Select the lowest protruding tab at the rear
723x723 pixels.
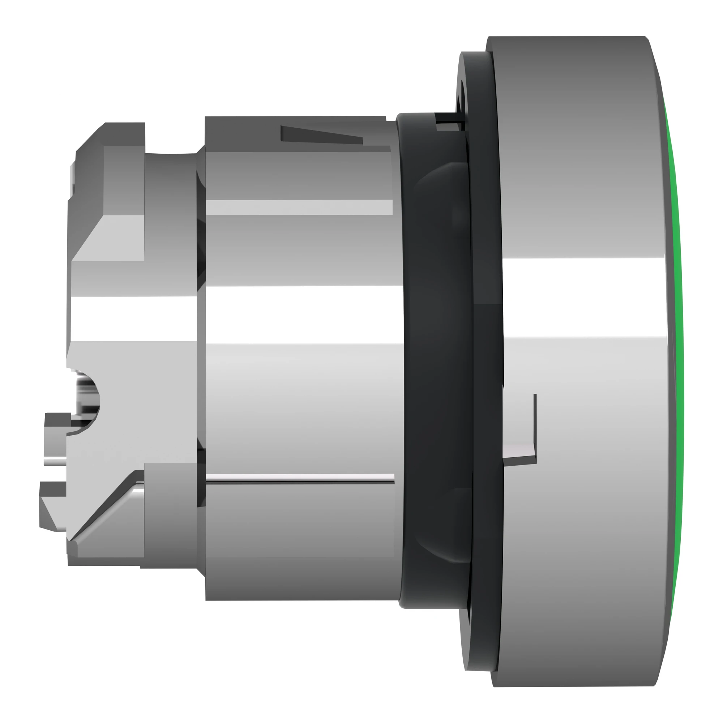pos(52,505)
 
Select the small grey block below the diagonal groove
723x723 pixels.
pos(168,524)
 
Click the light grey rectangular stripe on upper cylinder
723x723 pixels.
pos(299,207)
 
